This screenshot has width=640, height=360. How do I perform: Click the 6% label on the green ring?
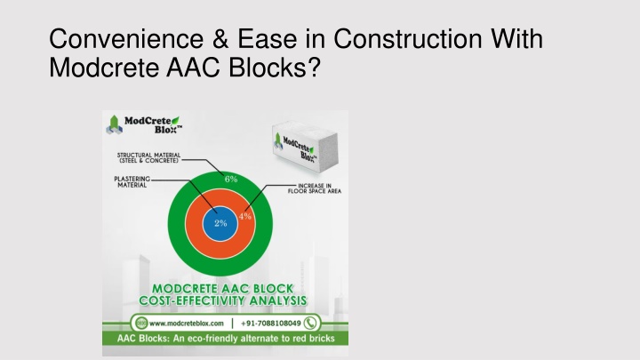click(231, 180)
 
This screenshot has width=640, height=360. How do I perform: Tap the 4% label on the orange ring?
click(245, 216)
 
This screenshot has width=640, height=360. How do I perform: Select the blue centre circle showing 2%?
click(220, 223)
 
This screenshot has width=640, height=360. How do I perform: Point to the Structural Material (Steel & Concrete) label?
click(148, 158)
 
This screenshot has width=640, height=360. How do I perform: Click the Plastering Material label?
click(132, 182)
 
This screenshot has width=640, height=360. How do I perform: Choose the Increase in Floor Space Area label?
click(315, 188)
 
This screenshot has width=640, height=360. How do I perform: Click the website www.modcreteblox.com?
click(187, 324)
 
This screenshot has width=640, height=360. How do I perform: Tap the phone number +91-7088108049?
click(270, 324)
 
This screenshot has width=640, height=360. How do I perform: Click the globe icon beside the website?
click(141, 324)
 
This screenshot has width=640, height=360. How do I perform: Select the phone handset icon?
click(310, 324)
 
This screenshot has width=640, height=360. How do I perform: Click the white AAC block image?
click(305, 146)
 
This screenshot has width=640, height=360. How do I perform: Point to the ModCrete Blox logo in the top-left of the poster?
click(144, 124)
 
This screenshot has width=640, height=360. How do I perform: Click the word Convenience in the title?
click(126, 39)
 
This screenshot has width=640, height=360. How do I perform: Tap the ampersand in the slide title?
click(220, 39)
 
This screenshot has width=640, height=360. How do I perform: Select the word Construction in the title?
click(408, 39)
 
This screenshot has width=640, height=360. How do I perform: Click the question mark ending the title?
click(315, 68)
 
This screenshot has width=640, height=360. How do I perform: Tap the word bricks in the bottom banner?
click(323, 338)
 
